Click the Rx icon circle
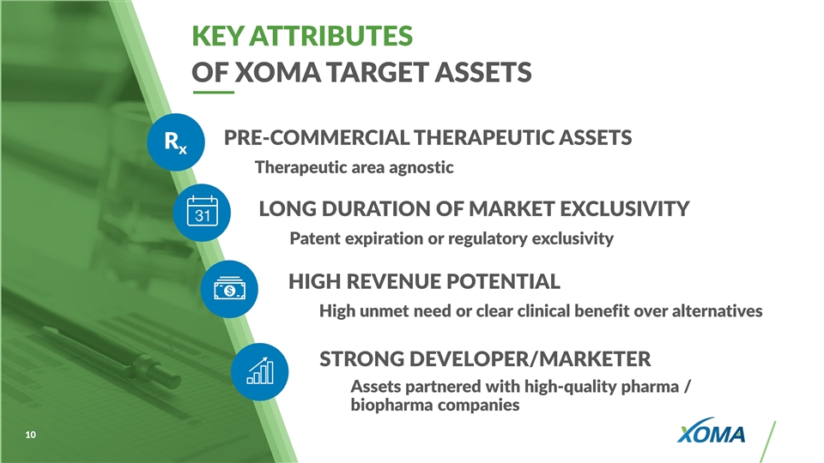175,142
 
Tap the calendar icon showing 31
203,212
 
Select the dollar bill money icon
230,289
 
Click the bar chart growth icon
260,371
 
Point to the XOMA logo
711,430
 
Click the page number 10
31,435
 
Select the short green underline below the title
214,93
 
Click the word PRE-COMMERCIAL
317,137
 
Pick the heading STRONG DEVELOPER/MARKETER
485,359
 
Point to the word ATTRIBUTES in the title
331,36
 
